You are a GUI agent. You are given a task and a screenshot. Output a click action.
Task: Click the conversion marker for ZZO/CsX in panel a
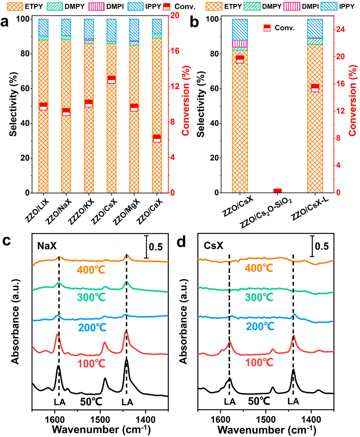111,80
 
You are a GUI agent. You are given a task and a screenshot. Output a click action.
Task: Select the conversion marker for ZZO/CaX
157,138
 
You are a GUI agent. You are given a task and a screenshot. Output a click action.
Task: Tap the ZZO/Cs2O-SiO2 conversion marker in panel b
277,191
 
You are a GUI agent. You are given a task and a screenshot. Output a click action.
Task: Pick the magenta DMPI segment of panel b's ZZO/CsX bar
240,44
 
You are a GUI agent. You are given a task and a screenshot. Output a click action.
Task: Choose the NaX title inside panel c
47,246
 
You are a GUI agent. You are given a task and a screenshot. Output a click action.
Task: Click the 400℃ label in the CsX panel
259,268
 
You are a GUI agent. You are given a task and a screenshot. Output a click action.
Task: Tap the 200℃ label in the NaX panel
92,328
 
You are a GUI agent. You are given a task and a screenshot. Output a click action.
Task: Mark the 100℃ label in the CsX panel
259,363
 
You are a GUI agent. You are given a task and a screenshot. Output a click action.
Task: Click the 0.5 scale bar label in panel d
322,246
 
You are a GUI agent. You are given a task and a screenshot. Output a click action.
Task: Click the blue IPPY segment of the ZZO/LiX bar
43,27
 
